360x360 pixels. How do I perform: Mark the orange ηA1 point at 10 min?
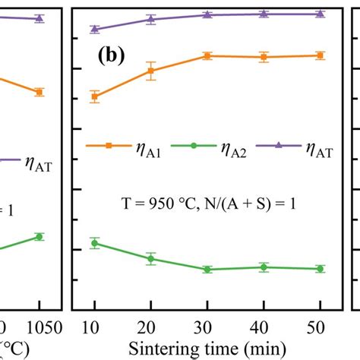[x=94, y=96]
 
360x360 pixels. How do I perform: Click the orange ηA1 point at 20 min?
[x=150, y=71]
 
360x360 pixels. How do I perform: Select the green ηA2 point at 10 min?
[x=94, y=243]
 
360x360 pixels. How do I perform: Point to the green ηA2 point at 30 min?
[x=207, y=269]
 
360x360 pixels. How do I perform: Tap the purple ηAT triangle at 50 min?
[x=320, y=14]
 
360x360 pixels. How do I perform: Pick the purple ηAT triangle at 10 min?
[x=94, y=29]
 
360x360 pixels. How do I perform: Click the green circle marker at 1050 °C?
[x=39, y=236]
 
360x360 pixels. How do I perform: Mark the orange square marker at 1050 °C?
[x=39, y=92]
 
